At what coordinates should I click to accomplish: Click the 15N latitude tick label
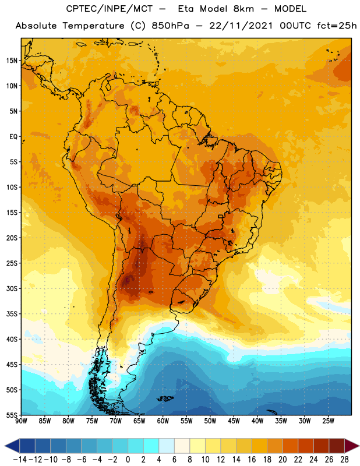[x=12, y=61]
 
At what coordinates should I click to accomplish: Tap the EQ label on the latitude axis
[x=13, y=137]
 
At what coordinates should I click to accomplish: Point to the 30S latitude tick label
[x=12, y=288]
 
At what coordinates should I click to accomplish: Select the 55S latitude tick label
[x=12, y=415]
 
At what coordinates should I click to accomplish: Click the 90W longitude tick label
[x=21, y=421]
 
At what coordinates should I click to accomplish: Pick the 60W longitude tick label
[x=163, y=421]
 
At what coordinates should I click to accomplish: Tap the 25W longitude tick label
[x=328, y=421]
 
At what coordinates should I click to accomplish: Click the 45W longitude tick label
[x=234, y=421]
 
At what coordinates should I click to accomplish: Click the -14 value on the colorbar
[x=20, y=460]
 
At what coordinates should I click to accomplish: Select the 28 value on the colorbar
[x=344, y=460]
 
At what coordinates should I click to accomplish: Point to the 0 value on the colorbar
[x=128, y=460]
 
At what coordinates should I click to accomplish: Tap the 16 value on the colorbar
[x=252, y=460]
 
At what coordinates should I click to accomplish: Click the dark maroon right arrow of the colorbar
[x=352, y=446]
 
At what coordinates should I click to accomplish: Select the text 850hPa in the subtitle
[x=170, y=26]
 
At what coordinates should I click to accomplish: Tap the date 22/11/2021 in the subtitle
[x=241, y=26]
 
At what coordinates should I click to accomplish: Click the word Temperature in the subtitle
[x=93, y=26]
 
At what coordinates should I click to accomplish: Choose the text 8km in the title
[x=243, y=9]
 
